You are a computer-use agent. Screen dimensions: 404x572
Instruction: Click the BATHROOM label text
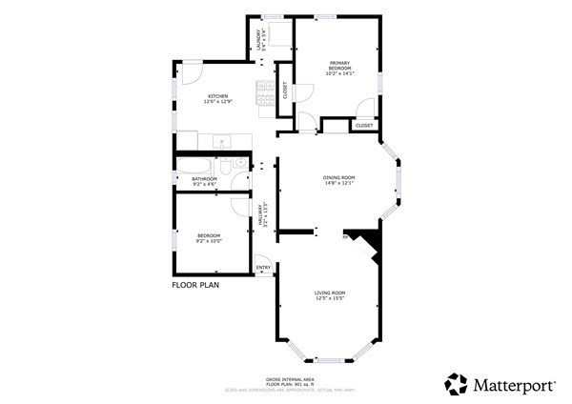pos(205,178)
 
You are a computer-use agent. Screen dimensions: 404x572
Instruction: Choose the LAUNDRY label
pos(258,38)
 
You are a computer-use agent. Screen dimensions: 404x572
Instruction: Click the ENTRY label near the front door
pos(263,268)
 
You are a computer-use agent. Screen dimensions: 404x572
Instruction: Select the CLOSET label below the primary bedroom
pos(364,126)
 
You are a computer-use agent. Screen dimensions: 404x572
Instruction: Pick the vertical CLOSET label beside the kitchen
pos(284,91)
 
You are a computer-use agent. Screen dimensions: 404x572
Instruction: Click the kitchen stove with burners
pos(264,90)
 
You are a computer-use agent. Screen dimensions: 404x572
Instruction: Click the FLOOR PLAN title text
pos(196,284)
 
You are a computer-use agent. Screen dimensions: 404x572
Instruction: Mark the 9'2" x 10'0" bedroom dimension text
pos(209,241)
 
